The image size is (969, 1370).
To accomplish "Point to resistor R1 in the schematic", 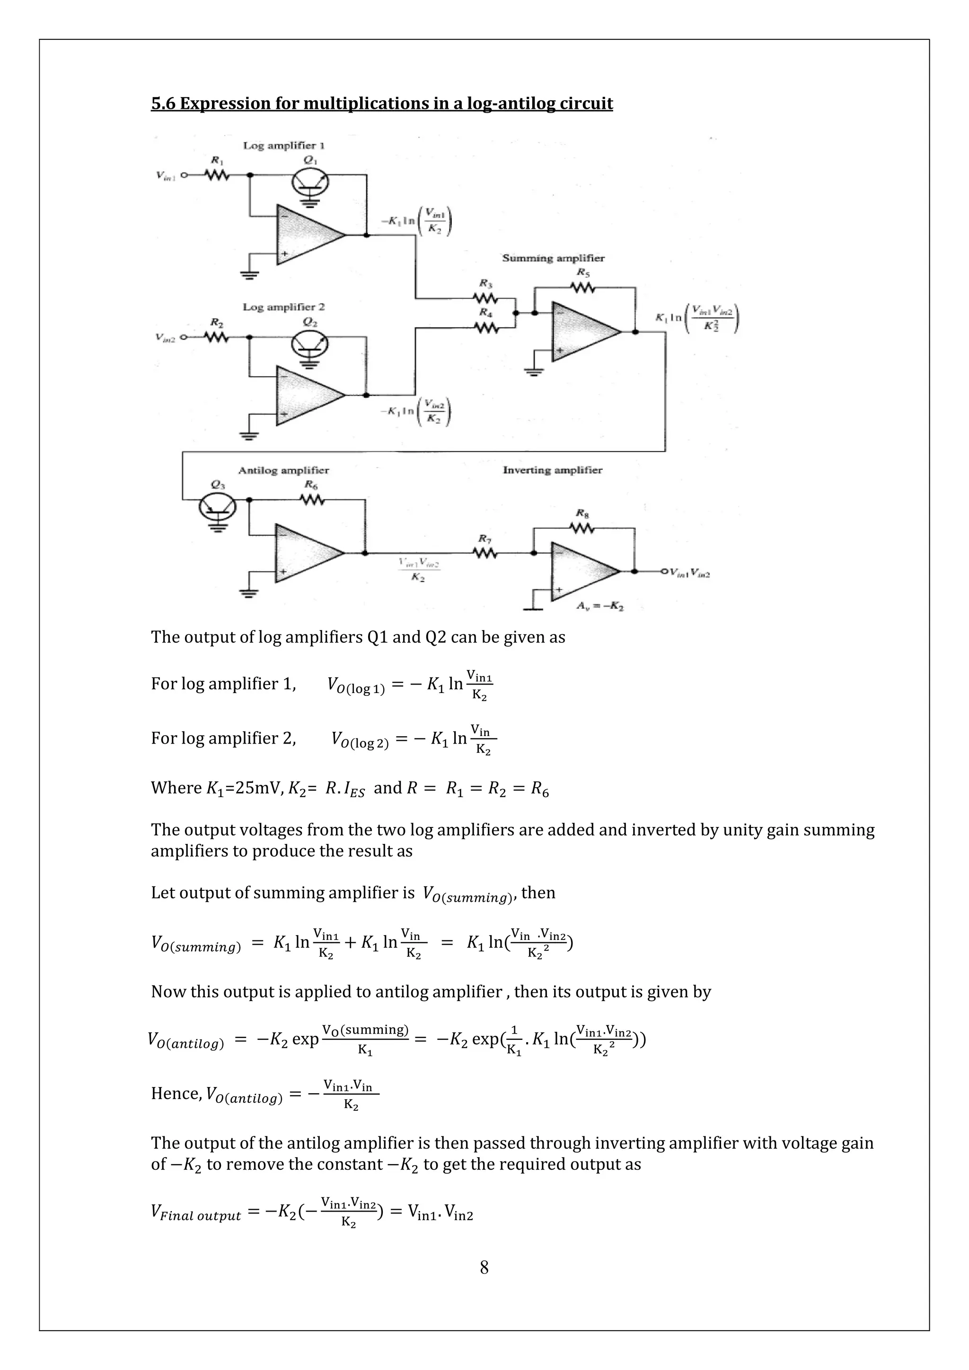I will coord(217,175).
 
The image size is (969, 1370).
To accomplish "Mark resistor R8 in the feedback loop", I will coord(583,528).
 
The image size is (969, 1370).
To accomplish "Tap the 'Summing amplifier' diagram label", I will coord(553,258).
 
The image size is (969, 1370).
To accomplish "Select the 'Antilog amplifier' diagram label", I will coord(283,470).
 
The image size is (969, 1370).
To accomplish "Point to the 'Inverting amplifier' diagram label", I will coord(552,470).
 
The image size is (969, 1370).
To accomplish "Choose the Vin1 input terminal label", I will coord(165,176).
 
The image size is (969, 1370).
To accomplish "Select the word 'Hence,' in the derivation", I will coord(176,1093).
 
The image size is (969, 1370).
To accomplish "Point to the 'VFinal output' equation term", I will coord(196,1213).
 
